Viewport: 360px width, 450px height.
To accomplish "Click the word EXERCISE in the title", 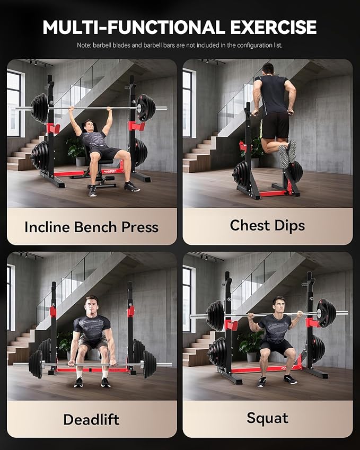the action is pos(273,28).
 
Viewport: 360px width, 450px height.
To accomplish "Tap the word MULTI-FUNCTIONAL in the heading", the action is pos(134,28).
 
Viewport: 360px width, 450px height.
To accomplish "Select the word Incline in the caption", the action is pos(47,227).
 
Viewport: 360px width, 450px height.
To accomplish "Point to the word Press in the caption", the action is pos(140,227).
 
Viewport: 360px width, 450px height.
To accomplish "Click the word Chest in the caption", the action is pos(250,225).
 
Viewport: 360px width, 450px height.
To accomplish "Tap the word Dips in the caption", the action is pos(289,226).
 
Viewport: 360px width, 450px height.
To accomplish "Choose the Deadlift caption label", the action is pos(91,420).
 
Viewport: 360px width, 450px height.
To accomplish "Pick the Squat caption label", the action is pos(267,418).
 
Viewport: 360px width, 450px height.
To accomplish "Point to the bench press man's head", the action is pos(89,125).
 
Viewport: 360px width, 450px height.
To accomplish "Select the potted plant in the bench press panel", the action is pos(76,151).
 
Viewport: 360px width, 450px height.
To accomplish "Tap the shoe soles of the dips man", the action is pos(288,153).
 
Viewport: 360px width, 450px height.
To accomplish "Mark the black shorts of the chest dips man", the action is pos(275,126).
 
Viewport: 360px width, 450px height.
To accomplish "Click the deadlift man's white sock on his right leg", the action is pos(79,374).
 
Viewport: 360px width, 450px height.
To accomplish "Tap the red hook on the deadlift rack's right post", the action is pos(130,311).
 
